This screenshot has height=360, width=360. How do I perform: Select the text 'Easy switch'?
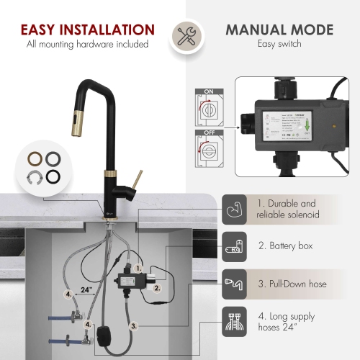tap(279, 44)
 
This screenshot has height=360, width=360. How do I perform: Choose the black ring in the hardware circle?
tap(53, 177)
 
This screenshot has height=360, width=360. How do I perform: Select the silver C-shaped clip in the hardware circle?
tap(33, 177)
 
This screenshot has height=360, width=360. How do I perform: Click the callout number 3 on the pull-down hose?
tap(133, 325)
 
